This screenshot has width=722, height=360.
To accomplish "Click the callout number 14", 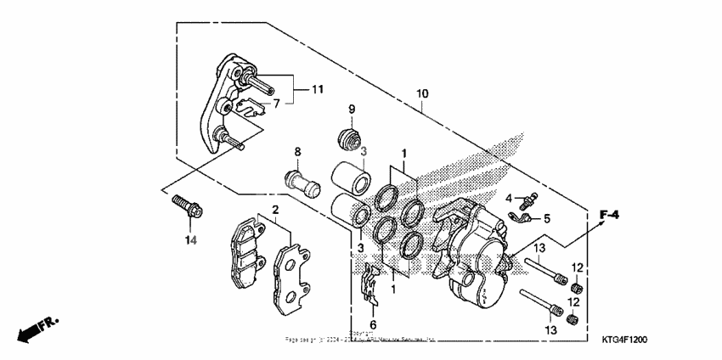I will [x=190, y=241].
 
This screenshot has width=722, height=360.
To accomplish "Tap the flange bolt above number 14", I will [x=184, y=207].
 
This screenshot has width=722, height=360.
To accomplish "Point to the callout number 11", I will [x=317, y=89].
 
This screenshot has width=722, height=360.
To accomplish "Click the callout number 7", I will [x=274, y=104].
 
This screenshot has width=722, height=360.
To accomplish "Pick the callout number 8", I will [x=297, y=152].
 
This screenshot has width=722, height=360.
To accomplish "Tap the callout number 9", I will [x=351, y=109].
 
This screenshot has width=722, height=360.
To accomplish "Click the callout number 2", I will [x=275, y=210].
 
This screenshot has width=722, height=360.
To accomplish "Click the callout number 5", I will [x=546, y=218].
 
